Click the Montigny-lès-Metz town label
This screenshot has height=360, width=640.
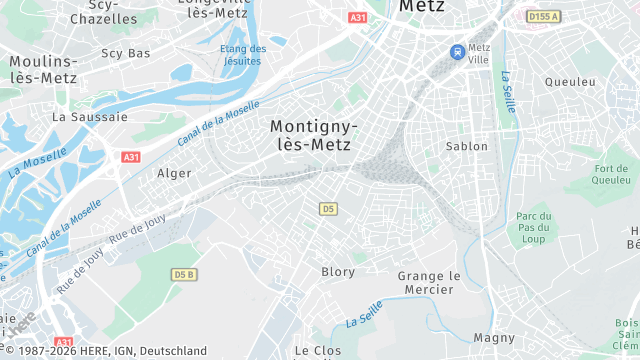tap(311, 135)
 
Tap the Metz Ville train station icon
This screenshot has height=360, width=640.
tap(457, 51)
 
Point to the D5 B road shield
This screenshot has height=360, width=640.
tap(183, 274)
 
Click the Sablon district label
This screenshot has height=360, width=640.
tap(466, 146)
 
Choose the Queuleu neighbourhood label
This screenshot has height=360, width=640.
tap(570, 82)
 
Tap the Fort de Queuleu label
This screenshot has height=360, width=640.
tap(611, 174)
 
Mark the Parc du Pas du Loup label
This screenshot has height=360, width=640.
tap(535, 228)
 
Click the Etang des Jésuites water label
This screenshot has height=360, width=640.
tap(243, 55)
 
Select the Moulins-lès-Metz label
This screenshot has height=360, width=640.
tap(43, 69)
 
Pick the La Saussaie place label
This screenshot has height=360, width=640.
tap(90, 117)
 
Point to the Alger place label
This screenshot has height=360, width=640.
tap(174, 173)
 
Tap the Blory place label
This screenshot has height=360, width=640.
tap(338, 272)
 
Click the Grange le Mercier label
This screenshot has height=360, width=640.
tap(429, 283)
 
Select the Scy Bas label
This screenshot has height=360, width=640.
tap(126, 53)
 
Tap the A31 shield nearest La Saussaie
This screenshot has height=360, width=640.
tap(131, 158)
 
